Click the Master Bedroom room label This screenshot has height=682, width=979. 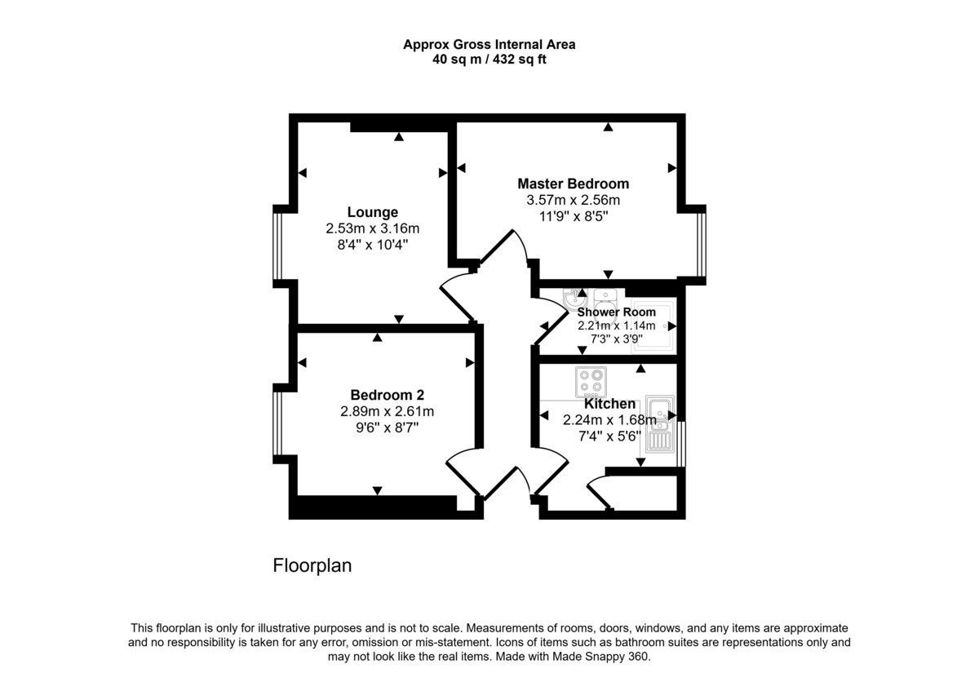(573, 184)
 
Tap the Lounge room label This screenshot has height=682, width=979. (372, 212)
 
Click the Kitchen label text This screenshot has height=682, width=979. (609, 404)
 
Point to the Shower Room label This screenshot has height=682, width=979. (616, 312)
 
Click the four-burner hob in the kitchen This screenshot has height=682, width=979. (591, 382)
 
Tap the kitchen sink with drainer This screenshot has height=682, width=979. (659, 423)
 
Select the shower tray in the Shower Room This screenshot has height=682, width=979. (655, 326)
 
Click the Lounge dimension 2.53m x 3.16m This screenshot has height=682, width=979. (372, 228)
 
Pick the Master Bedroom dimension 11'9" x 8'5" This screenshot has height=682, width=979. (573, 216)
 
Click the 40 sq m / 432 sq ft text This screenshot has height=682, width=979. (489, 60)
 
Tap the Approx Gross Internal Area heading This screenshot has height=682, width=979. (489, 45)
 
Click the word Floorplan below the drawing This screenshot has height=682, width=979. (312, 565)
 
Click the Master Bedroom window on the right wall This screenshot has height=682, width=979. (701, 242)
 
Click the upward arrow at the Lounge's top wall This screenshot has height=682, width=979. (398, 137)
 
